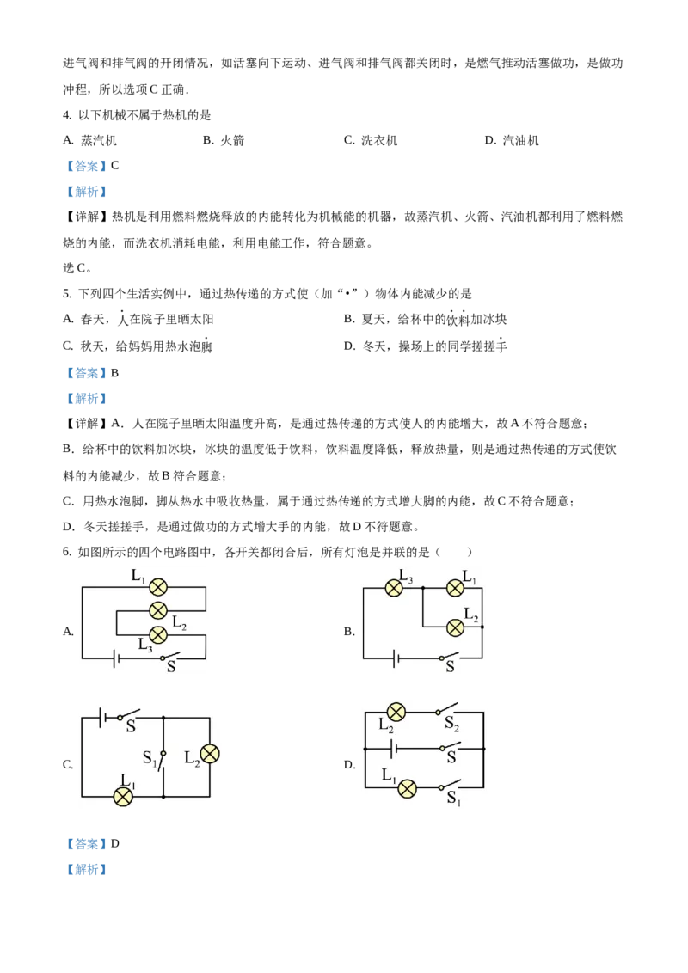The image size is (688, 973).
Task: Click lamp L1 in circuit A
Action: click(158, 587)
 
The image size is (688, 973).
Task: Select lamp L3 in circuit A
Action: click(158, 635)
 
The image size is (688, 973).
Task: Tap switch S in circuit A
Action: click(170, 656)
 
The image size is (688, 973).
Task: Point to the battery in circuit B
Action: click(396, 658)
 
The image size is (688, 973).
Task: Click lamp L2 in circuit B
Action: click(455, 627)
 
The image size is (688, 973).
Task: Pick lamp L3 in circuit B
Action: click(394, 588)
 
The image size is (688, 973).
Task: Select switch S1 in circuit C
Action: click(163, 759)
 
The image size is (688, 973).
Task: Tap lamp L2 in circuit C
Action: click(210, 754)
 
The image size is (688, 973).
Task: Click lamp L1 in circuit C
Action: click(124, 797)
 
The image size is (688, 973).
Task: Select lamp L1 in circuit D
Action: click(407, 789)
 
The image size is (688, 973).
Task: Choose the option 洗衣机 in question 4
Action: click(378, 141)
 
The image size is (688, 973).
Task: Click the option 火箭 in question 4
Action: click(232, 141)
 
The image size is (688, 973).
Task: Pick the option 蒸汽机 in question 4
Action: click(99, 141)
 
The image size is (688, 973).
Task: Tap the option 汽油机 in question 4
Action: click(520, 141)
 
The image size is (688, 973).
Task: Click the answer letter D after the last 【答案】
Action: click(115, 843)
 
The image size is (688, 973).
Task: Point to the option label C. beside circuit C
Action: click(68, 764)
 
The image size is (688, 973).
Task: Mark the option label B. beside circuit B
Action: click(349, 632)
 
